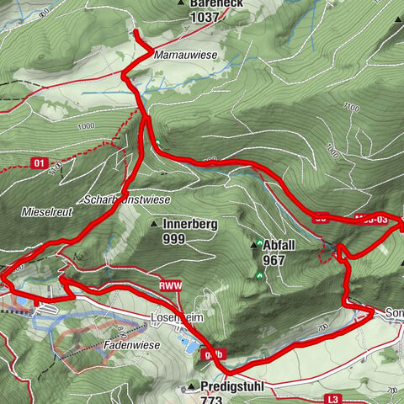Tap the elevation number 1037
tap(205, 16)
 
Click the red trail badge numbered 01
tap(37, 161)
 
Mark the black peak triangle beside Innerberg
tap(154, 225)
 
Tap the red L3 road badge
tap(334, 398)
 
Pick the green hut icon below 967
tap(257, 275)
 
